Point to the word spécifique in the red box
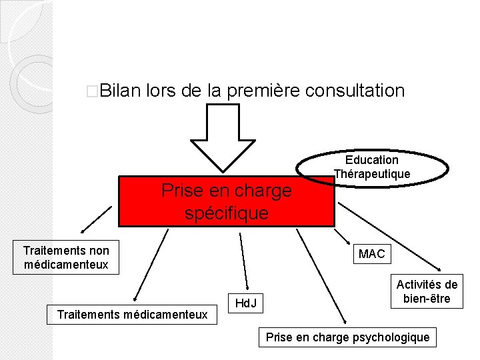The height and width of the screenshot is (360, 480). coord(227,213)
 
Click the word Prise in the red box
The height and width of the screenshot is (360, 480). coord(181,191)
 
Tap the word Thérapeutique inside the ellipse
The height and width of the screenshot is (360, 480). coord(372,174)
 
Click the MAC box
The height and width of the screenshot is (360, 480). coord(371,254)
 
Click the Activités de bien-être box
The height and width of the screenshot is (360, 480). coord(427,291)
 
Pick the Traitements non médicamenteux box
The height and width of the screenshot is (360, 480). coord(66,258)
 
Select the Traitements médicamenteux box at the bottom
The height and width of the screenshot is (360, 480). coord(132,314)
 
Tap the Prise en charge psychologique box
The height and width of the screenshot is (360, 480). coord(347,337)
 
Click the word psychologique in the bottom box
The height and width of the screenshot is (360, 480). coord(393,337)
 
